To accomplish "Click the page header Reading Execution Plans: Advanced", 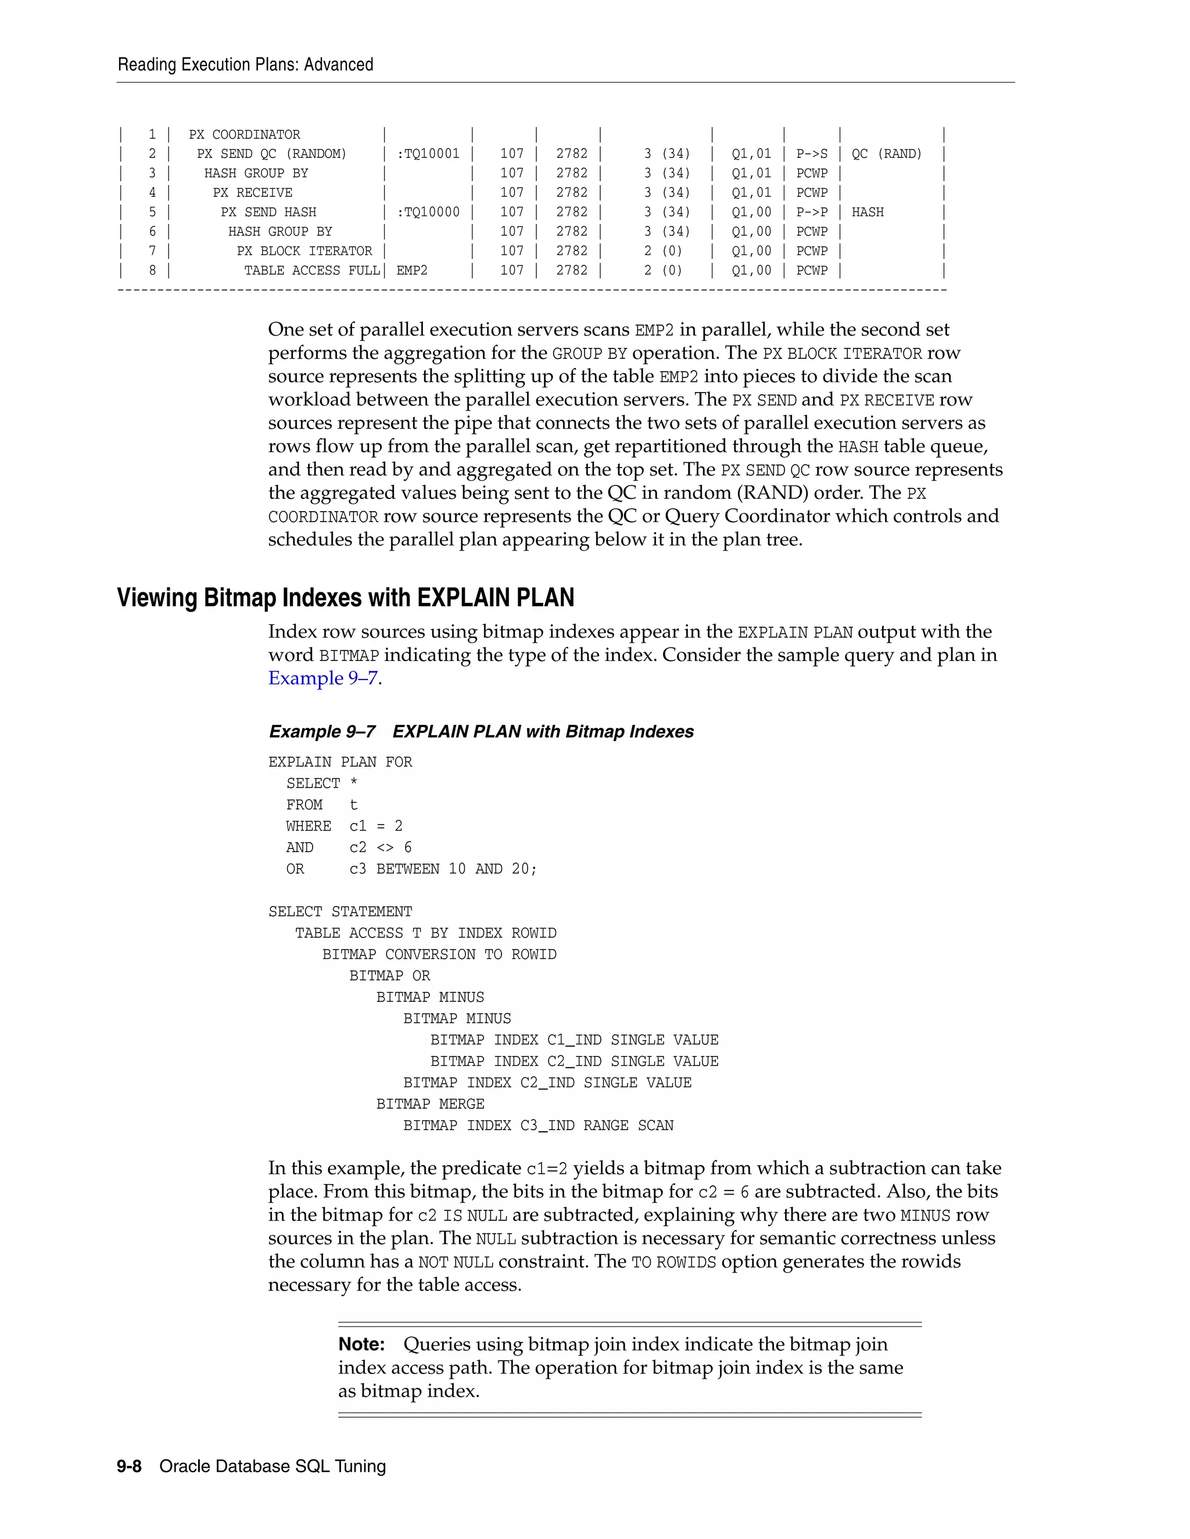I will (x=245, y=65).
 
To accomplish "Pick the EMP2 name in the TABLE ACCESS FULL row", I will (x=412, y=271).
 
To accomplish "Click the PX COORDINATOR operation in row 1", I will (x=244, y=135).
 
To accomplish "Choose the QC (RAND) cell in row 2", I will (x=886, y=154).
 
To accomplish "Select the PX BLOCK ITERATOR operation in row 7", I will (x=304, y=251).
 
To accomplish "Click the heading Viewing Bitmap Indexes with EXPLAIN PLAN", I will (x=346, y=598).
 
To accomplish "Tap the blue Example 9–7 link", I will (x=323, y=678).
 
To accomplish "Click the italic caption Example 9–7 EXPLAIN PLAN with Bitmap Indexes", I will (x=481, y=731).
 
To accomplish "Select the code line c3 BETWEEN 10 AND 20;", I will (x=443, y=869).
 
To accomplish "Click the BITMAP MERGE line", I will (x=430, y=1104).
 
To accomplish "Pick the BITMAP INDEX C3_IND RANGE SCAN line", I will (x=538, y=1126).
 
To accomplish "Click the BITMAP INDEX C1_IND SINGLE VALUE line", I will (x=574, y=1040).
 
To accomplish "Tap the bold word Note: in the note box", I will (x=361, y=1344).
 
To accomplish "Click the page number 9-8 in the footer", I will (x=129, y=1466).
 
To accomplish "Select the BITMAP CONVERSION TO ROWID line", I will (x=439, y=955).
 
